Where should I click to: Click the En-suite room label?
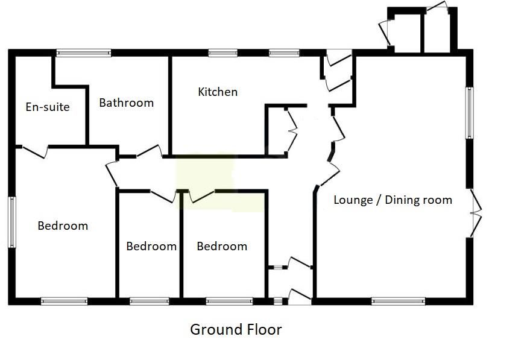pyautogui.click(x=48, y=107)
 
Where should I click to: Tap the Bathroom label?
pyautogui.click(x=126, y=103)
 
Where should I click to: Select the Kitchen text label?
pyautogui.click(x=218, y=92)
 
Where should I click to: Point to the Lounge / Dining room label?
pyautogui.click(x=393, y=200)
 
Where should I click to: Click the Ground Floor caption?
pyautogui.click(x=236, y=329)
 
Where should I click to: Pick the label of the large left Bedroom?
pyautogui.click(x=63, y=226)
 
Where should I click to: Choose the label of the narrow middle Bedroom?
pyautogui.click(x=151, y=246)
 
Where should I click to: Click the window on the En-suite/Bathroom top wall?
pyautogui.click(x=84, y=53)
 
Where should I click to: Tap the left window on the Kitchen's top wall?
pyautogui.click(x=222, y=53)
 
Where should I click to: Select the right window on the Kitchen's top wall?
pyautogui.click(x=284, y=53)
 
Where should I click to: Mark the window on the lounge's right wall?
pyautogui.click(x=469, y=113)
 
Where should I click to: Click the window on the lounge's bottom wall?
pyautogui.click(x=398, y=300)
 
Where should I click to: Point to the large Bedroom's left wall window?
pyautogui.click(x=11, y=222)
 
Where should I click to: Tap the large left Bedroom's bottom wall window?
pyautogui.click(x=64, y=300)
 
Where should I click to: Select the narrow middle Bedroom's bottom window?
pyautogui.click(x=150, y=300)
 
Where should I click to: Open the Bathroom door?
pyautogui.click(x=149, y=151)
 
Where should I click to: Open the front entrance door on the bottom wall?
pyautogui.click(x=300, y=295)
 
